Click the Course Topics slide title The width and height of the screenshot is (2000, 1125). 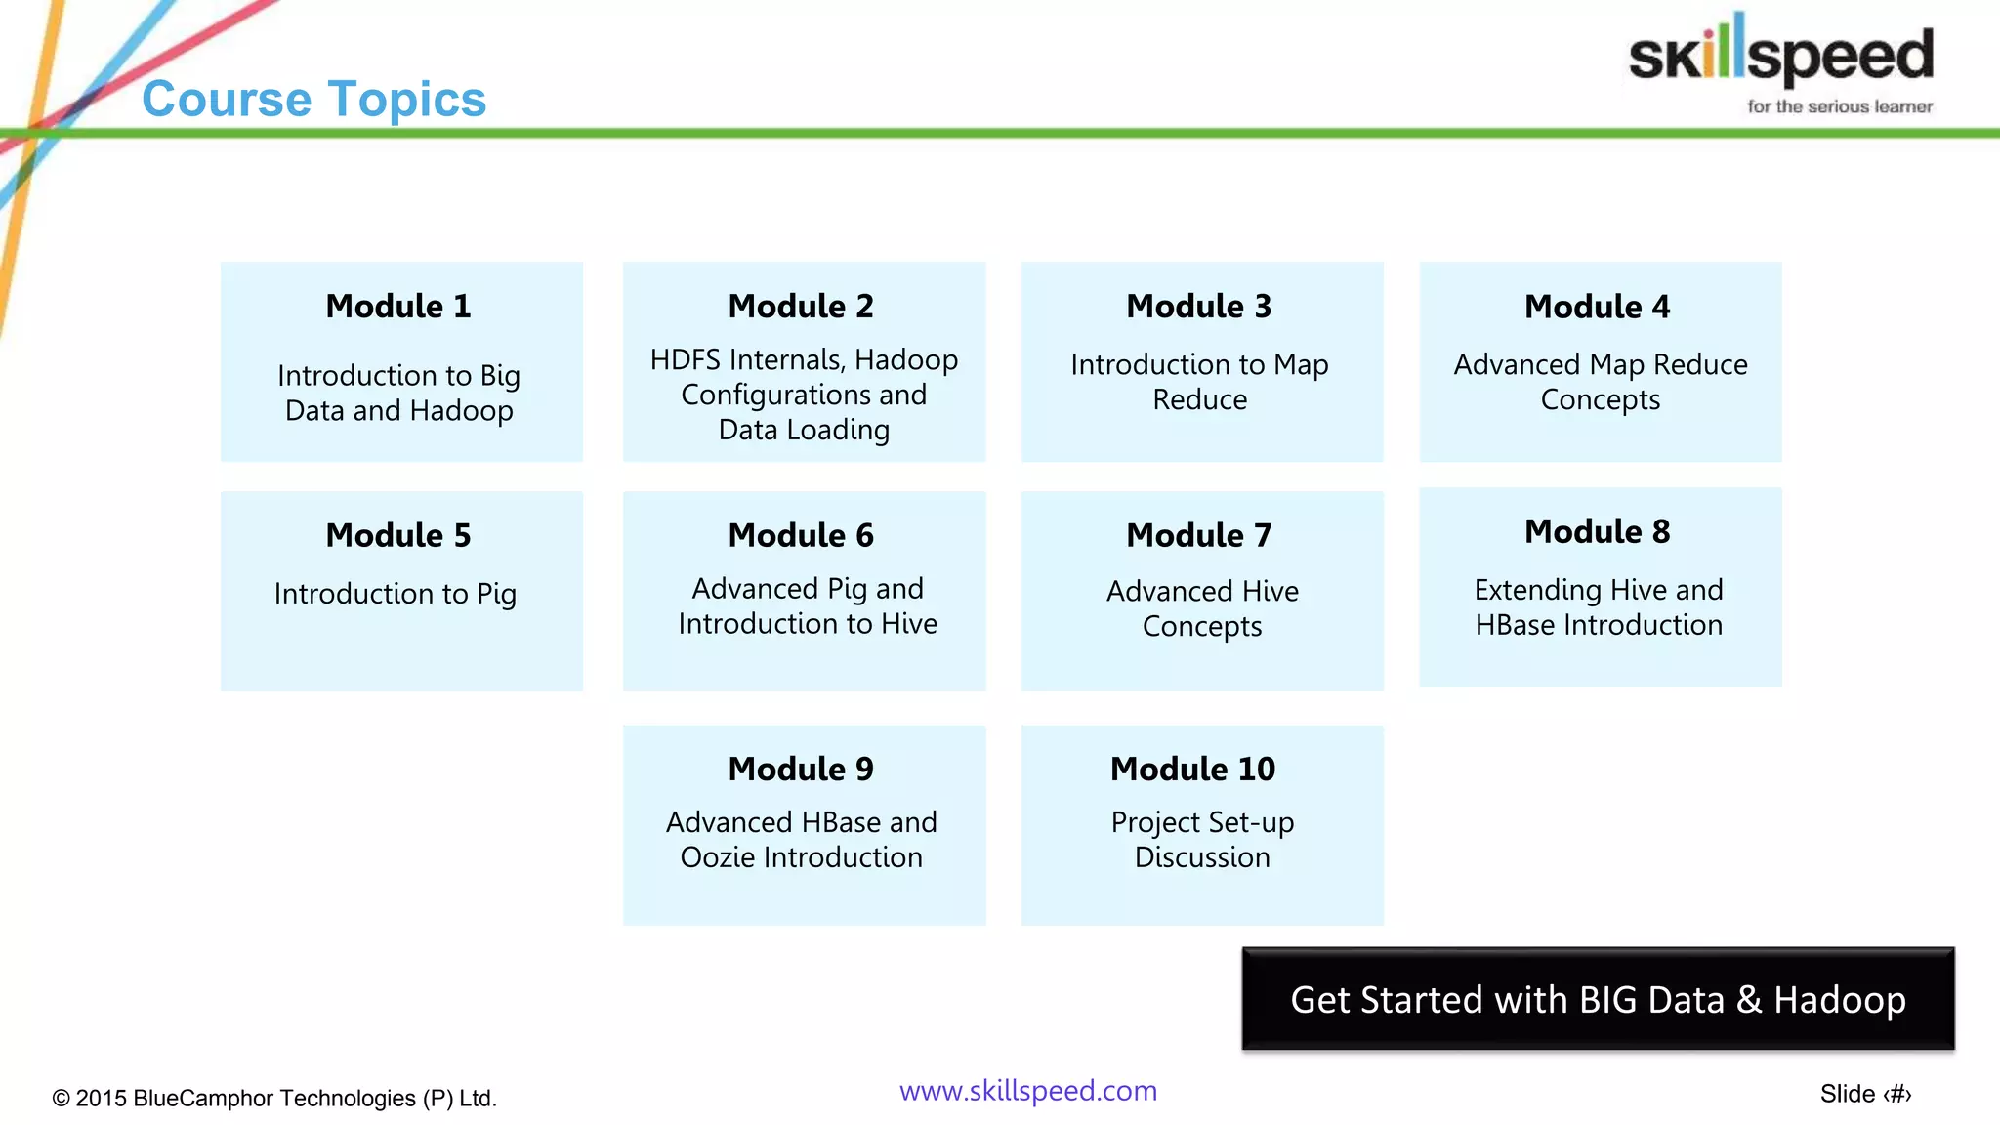click(313, 99)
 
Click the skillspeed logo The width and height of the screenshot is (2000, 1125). click(1780, 54)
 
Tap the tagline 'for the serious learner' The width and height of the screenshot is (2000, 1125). click(1839, 106)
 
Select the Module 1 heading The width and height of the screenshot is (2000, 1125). click(398, 307)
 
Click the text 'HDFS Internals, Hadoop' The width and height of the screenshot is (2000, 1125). click(804, 359)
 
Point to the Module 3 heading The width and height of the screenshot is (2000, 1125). click(1199, 307)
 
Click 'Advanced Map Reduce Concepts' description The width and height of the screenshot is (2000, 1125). click(1600, 382)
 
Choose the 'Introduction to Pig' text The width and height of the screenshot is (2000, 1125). click(396, 594)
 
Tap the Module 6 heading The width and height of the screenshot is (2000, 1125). click(801, 536)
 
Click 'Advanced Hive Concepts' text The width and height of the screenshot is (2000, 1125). click(1202, 608)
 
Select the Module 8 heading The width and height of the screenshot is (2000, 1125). click(1598, 532)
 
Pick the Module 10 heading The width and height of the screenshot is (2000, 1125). click(1192, 770)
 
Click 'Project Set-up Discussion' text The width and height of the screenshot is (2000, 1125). click(1202, 840)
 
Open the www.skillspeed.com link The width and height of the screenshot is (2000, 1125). click(1028, 1091)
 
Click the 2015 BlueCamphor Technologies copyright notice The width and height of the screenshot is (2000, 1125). click(274, 1099)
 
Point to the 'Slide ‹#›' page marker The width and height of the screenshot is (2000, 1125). click(1865, 1095)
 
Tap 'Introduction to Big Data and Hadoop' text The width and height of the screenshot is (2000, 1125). click(398, 393)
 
